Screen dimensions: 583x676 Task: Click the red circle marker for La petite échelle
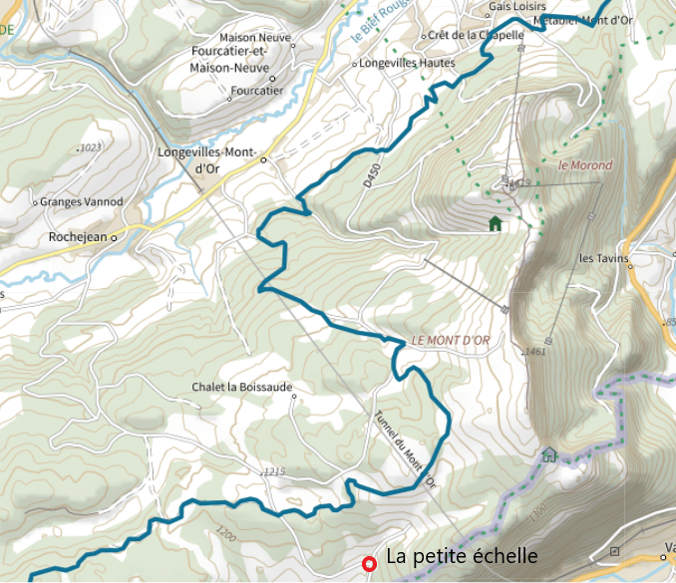369,563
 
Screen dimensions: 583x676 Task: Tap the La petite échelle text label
462,556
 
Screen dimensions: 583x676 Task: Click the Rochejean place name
78,238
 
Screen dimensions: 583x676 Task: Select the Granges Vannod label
82,202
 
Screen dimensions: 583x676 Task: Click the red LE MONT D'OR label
451,340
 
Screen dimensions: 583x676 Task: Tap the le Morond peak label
585,165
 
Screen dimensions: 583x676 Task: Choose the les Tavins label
604,259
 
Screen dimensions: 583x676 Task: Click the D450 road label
371,175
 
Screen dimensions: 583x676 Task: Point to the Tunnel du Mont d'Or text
405,449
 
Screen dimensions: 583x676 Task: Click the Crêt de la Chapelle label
477,36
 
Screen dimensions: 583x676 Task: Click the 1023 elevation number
90,147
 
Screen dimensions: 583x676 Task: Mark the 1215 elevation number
274,470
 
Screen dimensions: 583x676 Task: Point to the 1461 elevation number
534,351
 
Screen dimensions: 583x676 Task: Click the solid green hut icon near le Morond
495,223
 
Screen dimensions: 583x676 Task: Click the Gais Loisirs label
517,6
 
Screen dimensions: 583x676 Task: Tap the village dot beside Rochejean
114,238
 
